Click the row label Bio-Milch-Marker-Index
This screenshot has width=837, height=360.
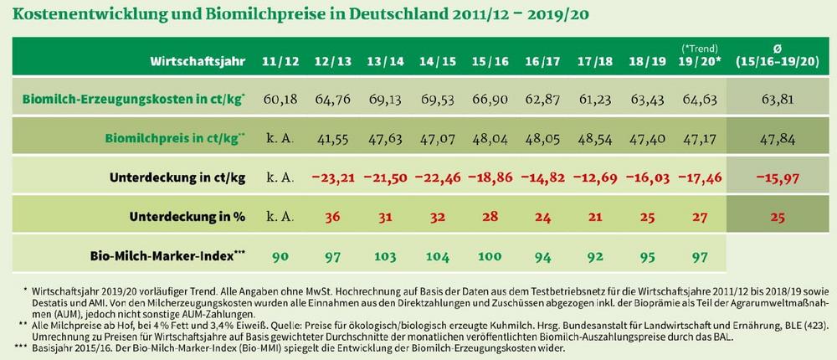point(168,253)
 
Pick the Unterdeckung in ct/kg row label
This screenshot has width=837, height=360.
point(177,177)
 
